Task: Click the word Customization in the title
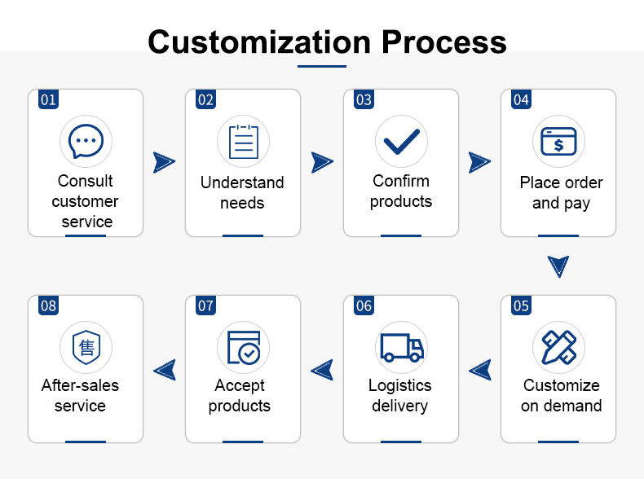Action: pos(259,42)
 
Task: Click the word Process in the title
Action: pos(444,42)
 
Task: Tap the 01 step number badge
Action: pos(48,99)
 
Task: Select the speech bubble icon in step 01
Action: pos(86,141)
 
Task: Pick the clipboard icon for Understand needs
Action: pos(244,142)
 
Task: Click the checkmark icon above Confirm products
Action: pos(401,142)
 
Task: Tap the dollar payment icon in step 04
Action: pos(558,142)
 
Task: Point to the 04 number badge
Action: pos(521,99)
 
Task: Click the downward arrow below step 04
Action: pos(558,266)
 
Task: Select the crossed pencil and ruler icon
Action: pos(559,347)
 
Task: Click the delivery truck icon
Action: pos(402,347)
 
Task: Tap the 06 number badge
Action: pos(364,305)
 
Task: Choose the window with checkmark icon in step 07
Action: pos(244,347)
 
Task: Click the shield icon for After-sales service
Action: pos(86,347)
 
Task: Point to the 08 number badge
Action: pos(48,305)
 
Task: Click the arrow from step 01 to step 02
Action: pos(165,163)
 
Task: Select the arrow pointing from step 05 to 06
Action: pos(480,370)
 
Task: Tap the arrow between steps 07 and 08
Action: pos(165,370)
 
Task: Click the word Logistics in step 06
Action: pos(400,386)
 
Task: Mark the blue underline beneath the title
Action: pos(322,66)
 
